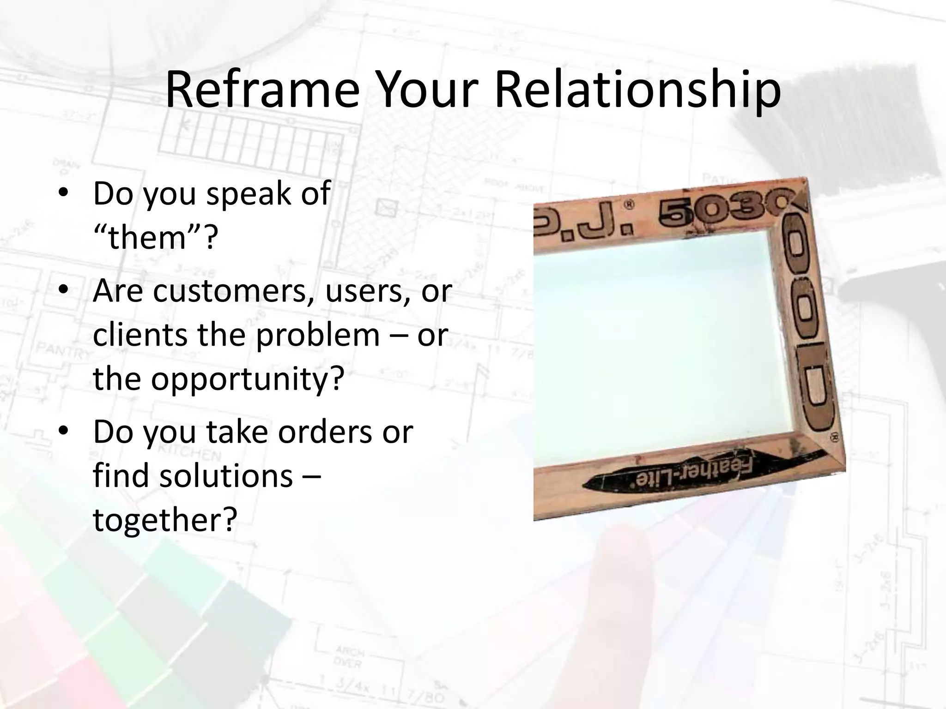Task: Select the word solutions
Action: pos(226,475)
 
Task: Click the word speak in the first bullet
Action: pos(248,193)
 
